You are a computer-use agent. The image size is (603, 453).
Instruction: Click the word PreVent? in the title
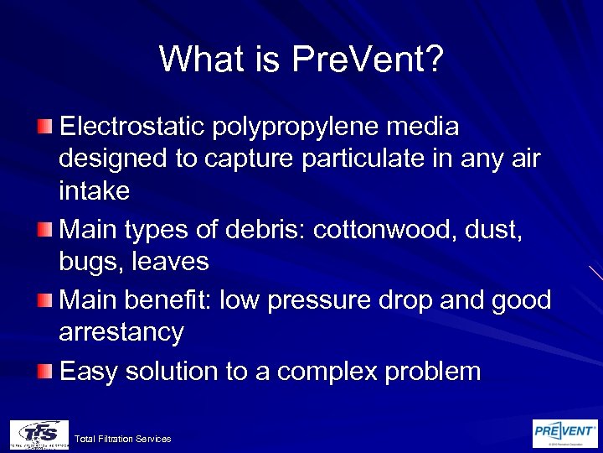pyautogui.click(x=368, y=59)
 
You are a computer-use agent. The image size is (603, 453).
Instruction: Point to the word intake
pyautogui.click(x=94, y=191)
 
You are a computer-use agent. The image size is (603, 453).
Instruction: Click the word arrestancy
pyautogui.click(x=121, y=332)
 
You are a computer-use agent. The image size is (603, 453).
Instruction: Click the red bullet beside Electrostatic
pyautogui.click(x=45, y=127)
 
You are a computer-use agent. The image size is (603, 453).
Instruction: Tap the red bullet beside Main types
pyautogui.click(x=45, y=228)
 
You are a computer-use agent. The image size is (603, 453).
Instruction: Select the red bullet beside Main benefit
pyautogui.click(x=45, y=299)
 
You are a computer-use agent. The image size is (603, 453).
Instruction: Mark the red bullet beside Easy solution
pyautogui.click(x=45, y=370)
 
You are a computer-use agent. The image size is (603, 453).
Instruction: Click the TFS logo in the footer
pyautogui.click(x=39, y=434)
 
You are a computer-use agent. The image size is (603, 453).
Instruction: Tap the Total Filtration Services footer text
pyautogui.click(x=122, y=439)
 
